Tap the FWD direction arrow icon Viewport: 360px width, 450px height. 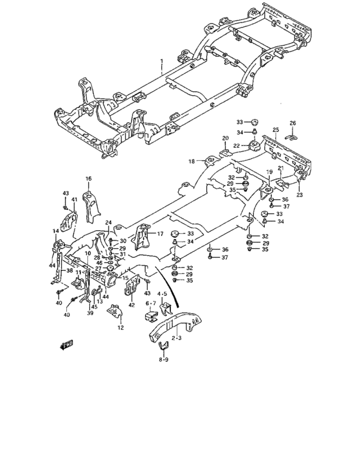pos(66,345)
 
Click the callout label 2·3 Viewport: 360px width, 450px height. pos(175,337)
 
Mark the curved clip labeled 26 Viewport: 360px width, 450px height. pos(292,134)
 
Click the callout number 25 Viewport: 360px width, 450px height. pos(275,130)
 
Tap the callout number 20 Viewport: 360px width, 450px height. pos(226,138)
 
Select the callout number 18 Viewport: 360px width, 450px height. pos(192,161)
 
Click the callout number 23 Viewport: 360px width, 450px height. pos(299,194)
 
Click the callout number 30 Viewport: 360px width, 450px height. pos(123,241)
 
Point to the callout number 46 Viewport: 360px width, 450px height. pos(98,264)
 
